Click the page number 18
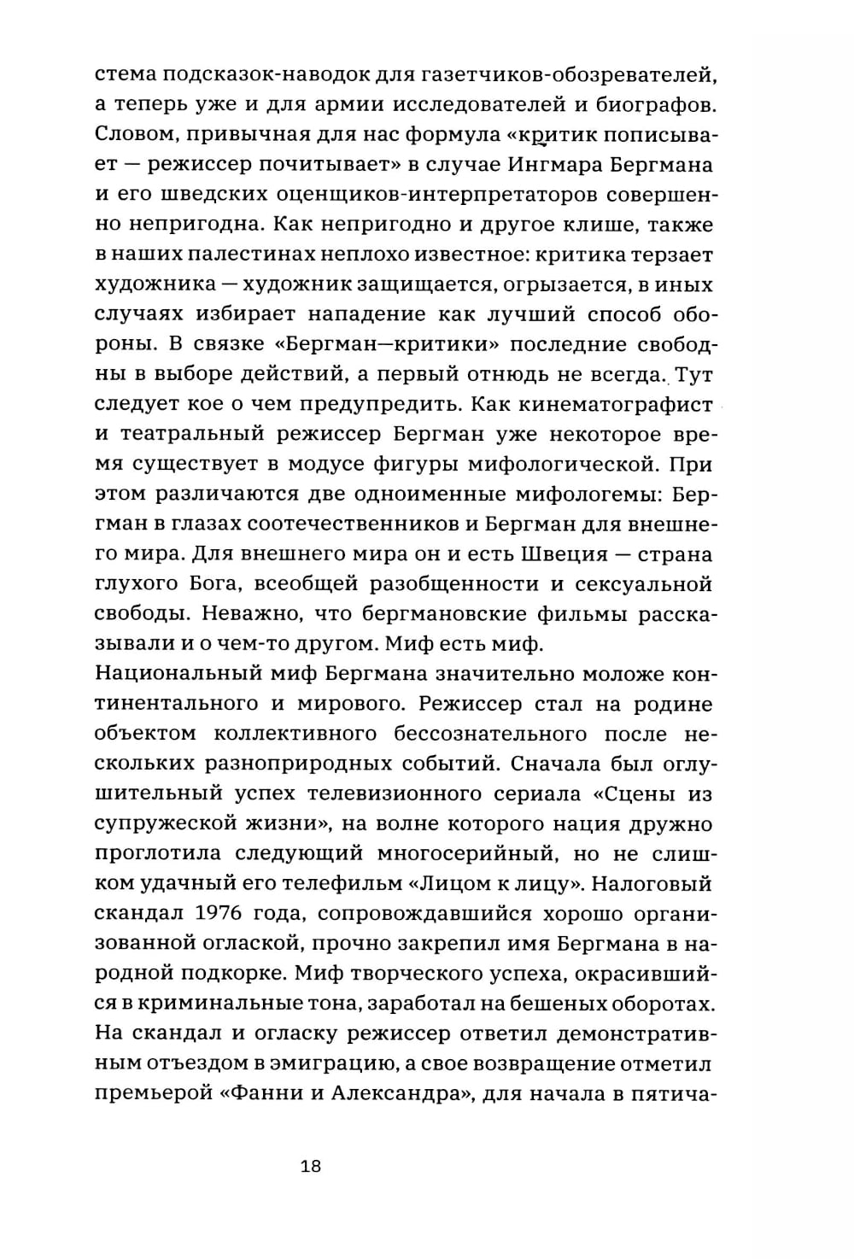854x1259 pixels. pyautogui.click(x=311, y=1167)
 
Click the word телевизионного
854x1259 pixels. pyautogui.click(x=394, y=793)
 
